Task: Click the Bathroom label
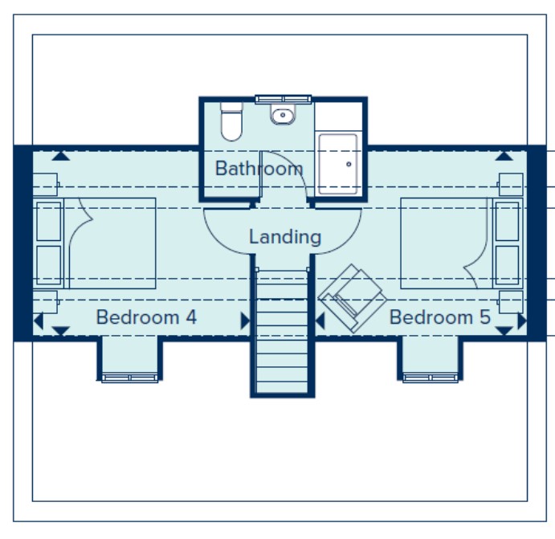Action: [259, 169]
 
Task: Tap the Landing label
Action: [284, 237]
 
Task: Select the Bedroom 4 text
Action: [146, 317]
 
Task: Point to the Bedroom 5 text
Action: [439, 317]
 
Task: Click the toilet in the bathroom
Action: [231, 122]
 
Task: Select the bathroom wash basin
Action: [283, 116]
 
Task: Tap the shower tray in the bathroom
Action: [338, 164]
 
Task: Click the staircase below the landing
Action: [281, 329]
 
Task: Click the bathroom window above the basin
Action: [282, 99]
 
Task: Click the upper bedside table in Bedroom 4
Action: [46, 184]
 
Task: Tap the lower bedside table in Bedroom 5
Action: [512, 302]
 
